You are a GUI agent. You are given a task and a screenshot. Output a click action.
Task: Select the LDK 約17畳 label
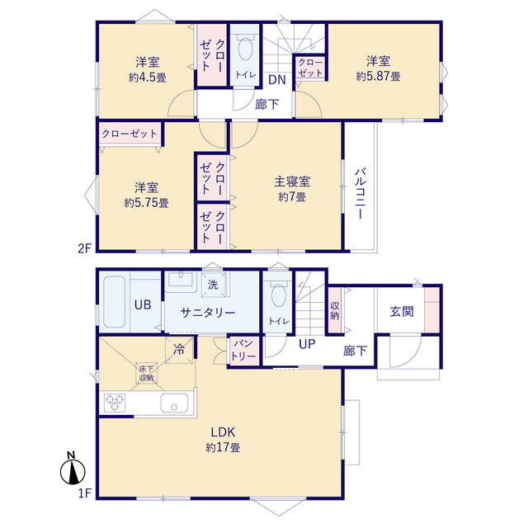223,439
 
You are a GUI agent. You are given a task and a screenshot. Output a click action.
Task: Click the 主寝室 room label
292,189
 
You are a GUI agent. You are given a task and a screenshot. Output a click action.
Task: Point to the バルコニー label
361,192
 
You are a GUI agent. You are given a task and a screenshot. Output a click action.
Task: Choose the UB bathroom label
142,304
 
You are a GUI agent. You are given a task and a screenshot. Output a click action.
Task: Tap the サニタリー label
210,313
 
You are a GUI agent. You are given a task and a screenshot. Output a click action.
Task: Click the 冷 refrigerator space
179,349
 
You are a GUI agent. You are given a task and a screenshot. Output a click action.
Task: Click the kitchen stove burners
115,403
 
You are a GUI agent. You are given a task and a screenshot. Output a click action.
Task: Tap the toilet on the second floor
245,52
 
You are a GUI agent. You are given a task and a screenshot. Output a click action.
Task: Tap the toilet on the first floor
278,299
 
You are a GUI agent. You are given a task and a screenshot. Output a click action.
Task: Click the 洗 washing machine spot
213,285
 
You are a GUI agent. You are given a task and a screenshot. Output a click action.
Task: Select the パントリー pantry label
243,348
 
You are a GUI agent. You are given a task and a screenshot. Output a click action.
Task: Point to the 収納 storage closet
335,310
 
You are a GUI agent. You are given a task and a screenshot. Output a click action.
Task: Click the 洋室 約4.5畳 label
148,69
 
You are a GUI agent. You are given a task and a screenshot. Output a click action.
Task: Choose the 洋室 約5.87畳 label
379,68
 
